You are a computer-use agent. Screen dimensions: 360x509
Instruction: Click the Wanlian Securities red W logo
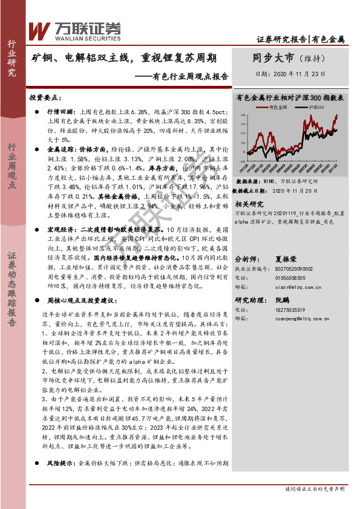point(39,29)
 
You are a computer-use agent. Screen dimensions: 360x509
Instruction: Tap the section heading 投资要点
point(44,97)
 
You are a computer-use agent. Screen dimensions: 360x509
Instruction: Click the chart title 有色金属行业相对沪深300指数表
point(290,96)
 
